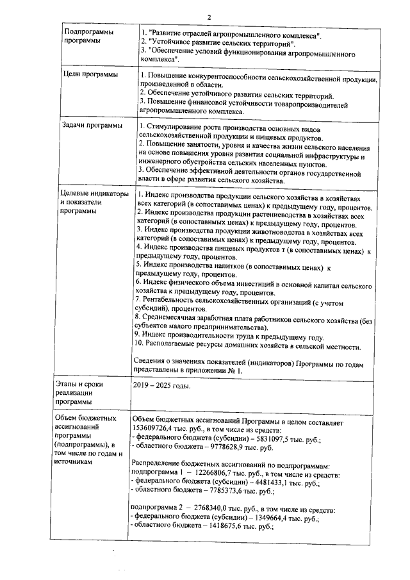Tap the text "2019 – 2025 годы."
160,386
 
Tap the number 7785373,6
236,497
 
